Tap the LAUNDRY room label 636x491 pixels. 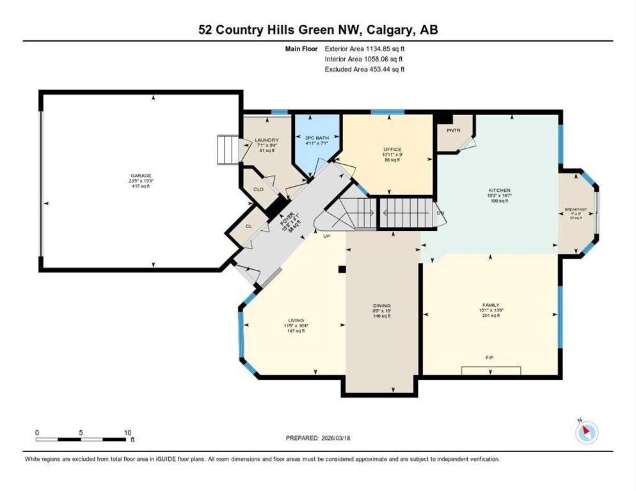click(x=266, y=140)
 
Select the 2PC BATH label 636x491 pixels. click(x=316, y=138)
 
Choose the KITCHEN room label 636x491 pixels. click(x=499, y=191)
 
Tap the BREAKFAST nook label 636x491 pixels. click(x=576, y=210)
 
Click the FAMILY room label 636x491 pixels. click(x=491, y=305)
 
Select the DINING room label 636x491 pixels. click(x=381, y=306)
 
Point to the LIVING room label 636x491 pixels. click(x=296, y=320)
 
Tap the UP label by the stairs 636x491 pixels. click(x=326, y=235)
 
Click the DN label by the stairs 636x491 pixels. click(x=440, y=212)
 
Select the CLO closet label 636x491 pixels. click(x=258, y=189)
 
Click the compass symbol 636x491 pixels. click(x=586, y=432)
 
